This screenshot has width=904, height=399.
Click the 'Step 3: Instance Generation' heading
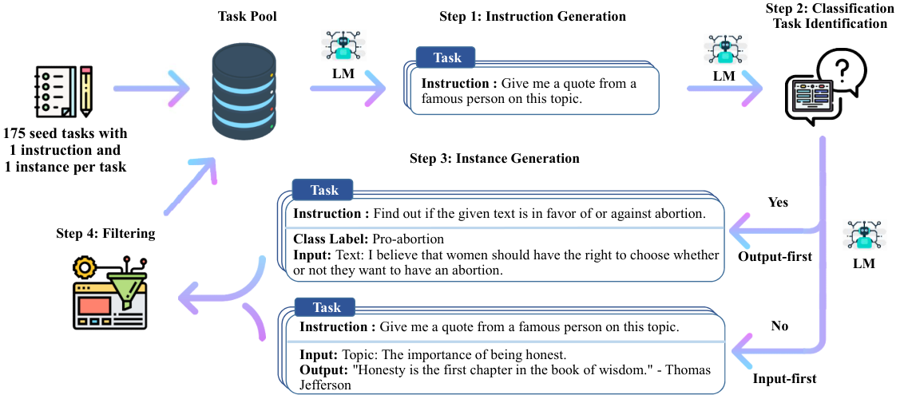(494, 157)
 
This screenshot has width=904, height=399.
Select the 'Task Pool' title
(247, 16)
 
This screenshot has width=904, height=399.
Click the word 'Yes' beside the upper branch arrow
(778, 203)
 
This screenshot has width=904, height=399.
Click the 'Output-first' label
(775, 257)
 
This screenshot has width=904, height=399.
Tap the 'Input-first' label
(785, 379)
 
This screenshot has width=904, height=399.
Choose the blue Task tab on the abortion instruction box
(323, 189)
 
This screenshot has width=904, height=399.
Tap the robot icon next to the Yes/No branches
(862, 237)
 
